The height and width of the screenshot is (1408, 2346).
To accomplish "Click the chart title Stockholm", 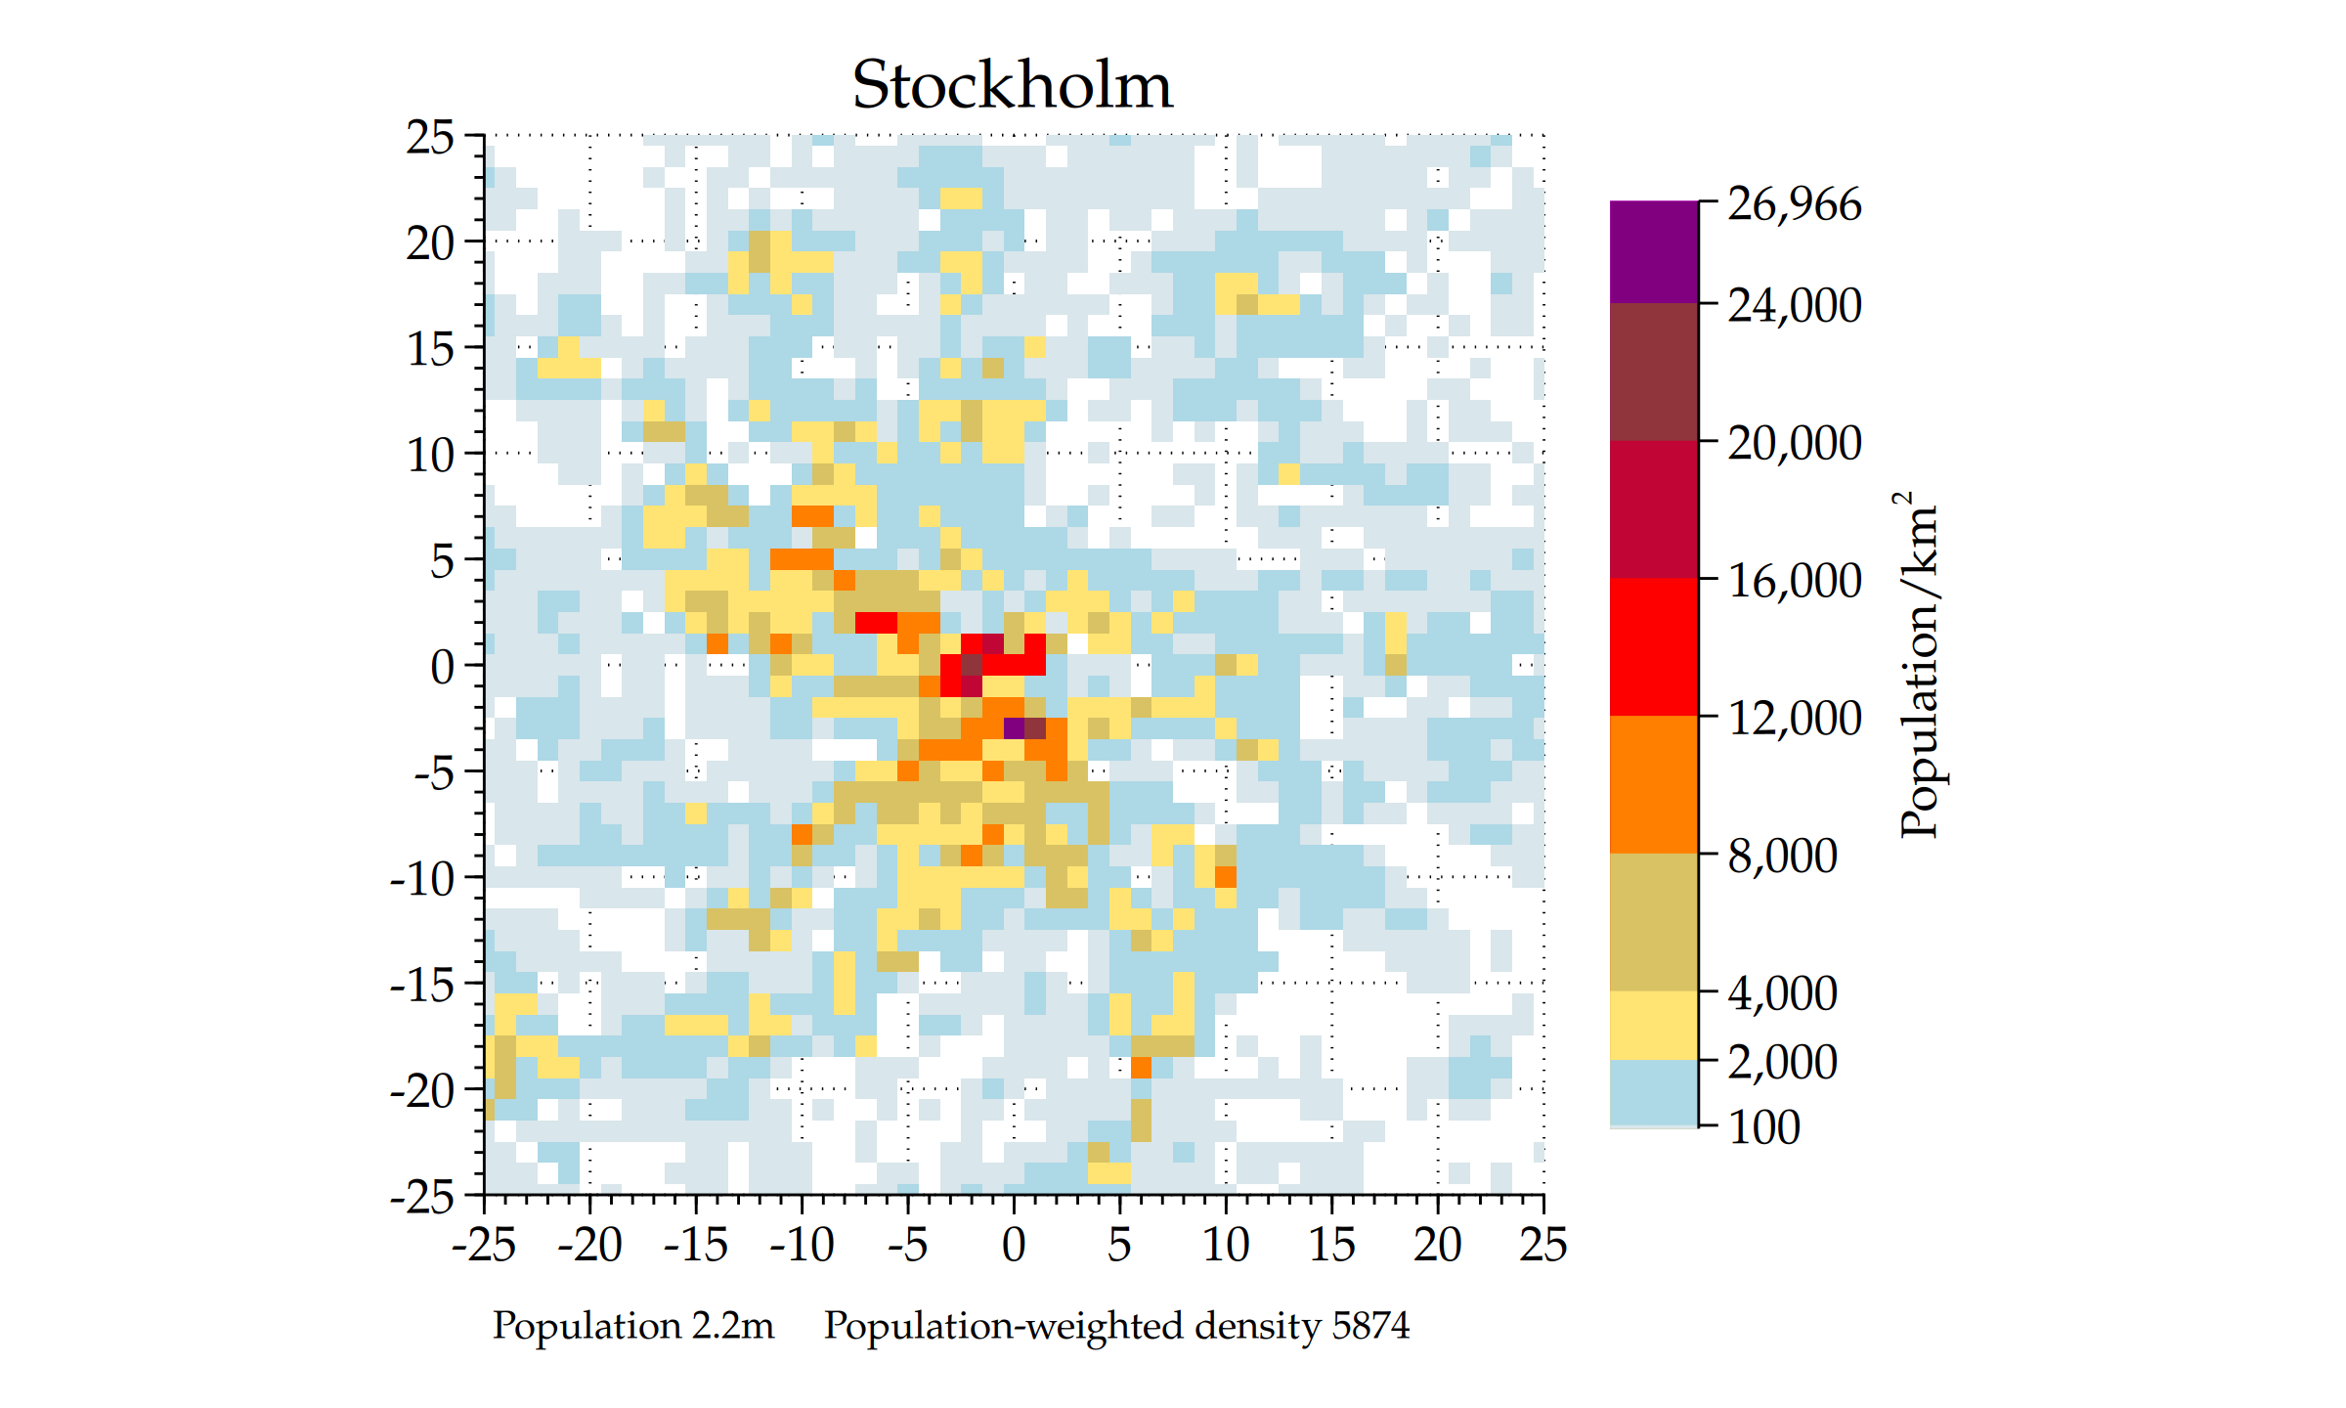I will pyautogui.click(x=1012, y=85).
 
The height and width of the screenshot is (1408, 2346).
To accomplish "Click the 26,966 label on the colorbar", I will pyautogui.click(x=1794, y=204).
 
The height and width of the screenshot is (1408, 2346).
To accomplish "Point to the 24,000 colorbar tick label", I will pyautogui.click(x=1794, y=305).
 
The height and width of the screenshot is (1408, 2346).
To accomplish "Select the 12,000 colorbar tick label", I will pyautogui.click(x=1794, y=719).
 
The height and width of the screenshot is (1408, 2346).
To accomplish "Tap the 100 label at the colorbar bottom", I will pyautogui.click(x=1763, y=1127).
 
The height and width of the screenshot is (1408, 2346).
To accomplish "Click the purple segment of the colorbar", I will pyautogui.click(x=1653, y=251).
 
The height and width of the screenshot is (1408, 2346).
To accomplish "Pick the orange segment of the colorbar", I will pyautogui.click(x=1653, y=784).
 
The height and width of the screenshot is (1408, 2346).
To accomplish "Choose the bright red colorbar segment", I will pyautogui.click(x=1653, y=646).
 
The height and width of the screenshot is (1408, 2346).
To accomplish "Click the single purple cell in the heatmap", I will pyautogui.click(x=1014, y=727).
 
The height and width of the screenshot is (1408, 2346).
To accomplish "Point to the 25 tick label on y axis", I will pyautogui.click(x=430, y=138).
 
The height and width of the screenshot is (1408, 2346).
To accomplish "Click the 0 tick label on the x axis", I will pyautogui.click(x=1014, y=1245).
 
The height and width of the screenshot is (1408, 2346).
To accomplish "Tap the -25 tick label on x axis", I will pyautogui.click(x=483, y=1245).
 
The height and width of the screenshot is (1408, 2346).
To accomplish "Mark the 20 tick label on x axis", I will pyautogui.click(x=1437, y=1245).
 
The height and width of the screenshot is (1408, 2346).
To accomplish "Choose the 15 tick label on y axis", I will pyautogui.click(x=430, y=350).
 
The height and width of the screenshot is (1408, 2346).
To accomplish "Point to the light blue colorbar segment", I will pyautogui.click(x=1653, y=1092).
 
